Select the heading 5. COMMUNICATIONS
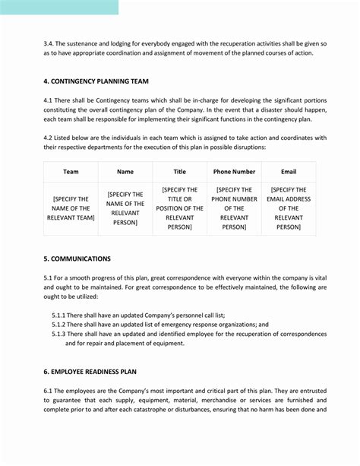point(77,258)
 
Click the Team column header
point(71,172)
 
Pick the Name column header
point(125,172)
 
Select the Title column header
point(179,172)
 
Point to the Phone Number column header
point(234,172)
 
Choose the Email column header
point(289,172)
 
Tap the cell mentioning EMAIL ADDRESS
point(289,208)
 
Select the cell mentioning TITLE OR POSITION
point(179,208)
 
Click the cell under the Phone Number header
point(234,208)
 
